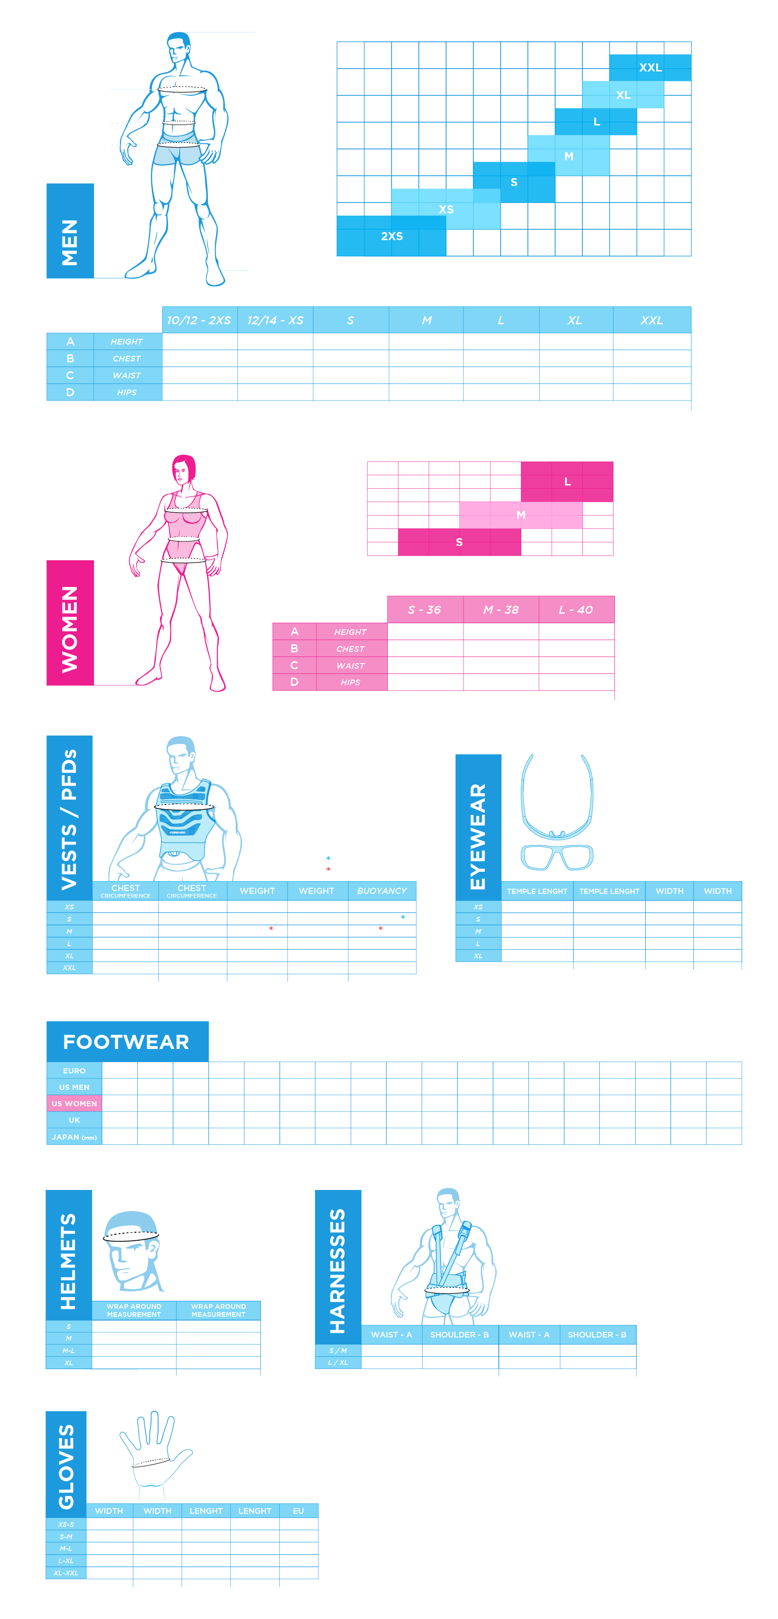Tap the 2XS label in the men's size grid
pyautogui.click(x=392, y=236)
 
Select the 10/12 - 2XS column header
pyautogui.click(x=198, y=321)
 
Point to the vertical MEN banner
pyautogui.click(x=70, y=231)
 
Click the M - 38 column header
pyautogui.click(x=501, y=610)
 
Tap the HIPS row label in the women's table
pyautogui.click(x=350, y=682)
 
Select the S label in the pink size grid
pyautogui.click(x=459, y=542)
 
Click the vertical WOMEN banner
pyautogui.click(x=70, y=623)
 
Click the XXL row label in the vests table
pyautogui.click(x=69, y=968)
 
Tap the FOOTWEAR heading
pyautogui.click(x=126, y=1042)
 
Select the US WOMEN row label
pyautogui.click(x=74, y=1103)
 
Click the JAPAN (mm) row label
pyautogui.click(x=74, y=1137)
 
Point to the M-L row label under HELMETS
pyautogui.click(x=69, y=1351)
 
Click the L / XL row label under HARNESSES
pyautogui.click(x=338, y=1362)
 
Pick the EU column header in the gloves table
pyautogui.click(x=299, y=1511)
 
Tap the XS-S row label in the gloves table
pyautogui.click(x=66, y=1525)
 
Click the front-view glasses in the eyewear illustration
pyautogui.click(x=557, y=857)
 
